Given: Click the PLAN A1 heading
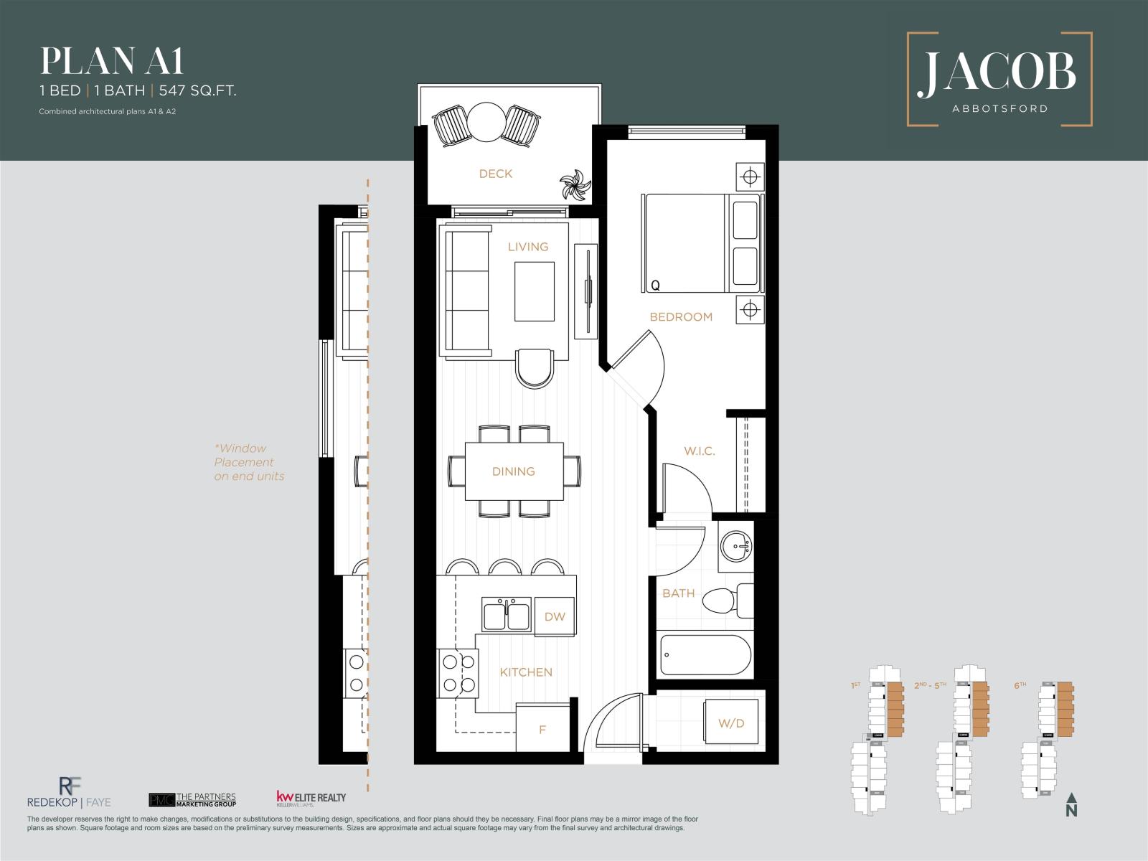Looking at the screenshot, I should point(112,62).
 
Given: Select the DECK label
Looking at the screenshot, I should point(496,174).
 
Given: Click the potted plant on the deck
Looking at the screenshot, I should point(575,186).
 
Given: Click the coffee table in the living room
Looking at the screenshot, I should point(534,291).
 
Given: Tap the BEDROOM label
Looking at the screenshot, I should point(681,316).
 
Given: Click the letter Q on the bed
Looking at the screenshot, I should point(654,286).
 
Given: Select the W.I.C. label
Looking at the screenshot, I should point(699,451).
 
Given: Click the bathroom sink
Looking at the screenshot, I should point(736,547).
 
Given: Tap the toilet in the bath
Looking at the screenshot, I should point(725,601).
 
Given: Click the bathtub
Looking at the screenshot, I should point(705,654).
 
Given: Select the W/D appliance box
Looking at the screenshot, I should point(731,723).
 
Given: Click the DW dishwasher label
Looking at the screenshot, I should point(555,616).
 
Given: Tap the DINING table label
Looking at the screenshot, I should point(514,471).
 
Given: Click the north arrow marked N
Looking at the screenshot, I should point(1071,805).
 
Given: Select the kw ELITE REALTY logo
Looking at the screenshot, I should point(311,799).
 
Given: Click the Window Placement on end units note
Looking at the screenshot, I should point(249,462).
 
